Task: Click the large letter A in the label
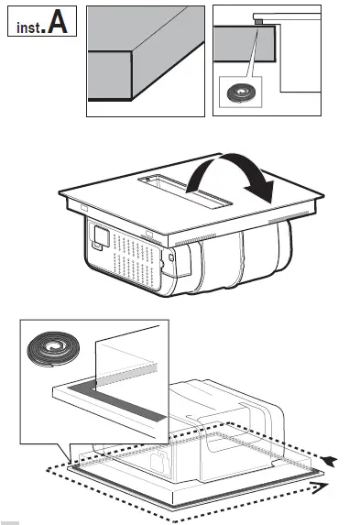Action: click(x=58, y=23)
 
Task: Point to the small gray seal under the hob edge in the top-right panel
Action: click(x=259, y=19)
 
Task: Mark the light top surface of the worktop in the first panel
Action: click(x=156, y=32)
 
